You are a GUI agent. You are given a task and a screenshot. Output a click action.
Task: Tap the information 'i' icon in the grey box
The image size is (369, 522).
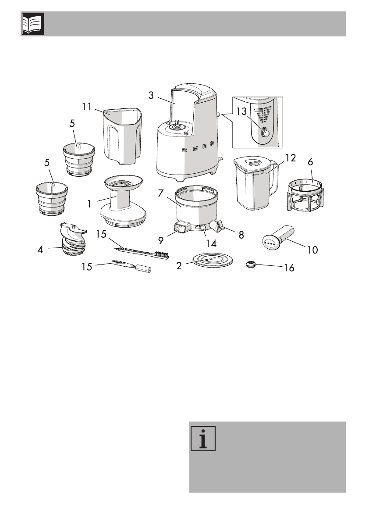coord(203,437)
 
